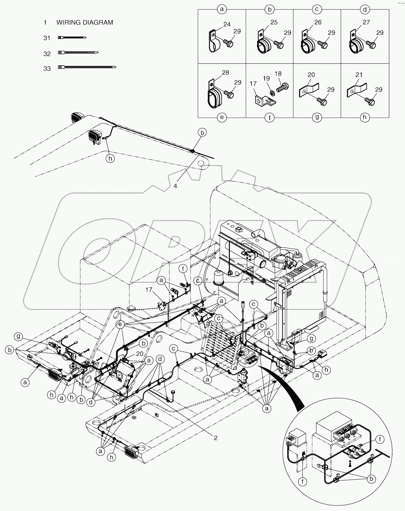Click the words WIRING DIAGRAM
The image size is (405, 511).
(84, 23)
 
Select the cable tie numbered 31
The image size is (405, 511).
(72, 38)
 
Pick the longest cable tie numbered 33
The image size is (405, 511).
(87, 67)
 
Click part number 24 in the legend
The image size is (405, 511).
(227, 24)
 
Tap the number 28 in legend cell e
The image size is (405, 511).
(225, 73)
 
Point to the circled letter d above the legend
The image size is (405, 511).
(364, 9)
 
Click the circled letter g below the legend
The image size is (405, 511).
(317, 117)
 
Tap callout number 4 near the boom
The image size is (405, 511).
(175, 186)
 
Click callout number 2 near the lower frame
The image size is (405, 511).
(215, 438)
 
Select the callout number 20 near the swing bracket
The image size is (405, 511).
(140, 353)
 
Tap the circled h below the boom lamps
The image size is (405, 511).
(110, 159)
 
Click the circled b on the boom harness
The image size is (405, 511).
(202, 133)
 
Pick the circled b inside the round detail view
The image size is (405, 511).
(372, 479)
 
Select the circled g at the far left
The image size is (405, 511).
(18, 337)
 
